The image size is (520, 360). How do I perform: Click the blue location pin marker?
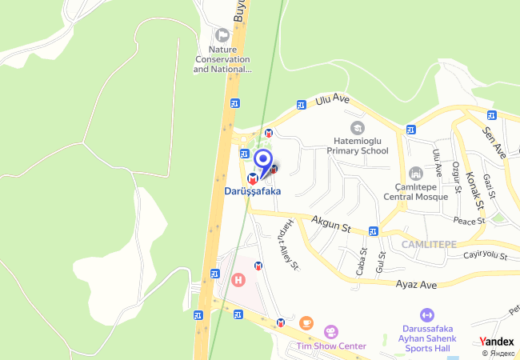pos(263,159)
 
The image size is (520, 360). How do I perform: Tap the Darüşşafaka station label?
pos(253,192)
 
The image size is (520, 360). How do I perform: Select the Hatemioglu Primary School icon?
pos(356,128)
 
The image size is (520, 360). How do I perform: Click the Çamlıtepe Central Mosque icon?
pos(414,174)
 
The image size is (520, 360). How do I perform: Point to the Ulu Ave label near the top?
pos(333,100)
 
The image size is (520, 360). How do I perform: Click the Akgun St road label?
pos(331,222)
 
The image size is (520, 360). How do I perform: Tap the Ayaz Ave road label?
pos(416,285)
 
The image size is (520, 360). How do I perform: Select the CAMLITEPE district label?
pos(429,243)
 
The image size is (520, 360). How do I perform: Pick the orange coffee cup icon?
pos(306,322)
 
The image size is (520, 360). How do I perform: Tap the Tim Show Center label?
pos(330,346)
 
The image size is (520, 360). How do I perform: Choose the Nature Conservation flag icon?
pos(222,34)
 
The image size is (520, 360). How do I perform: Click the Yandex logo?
pos(497,342)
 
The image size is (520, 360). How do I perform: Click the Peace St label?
pos(470,220)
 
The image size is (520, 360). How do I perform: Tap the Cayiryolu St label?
pos(486,256)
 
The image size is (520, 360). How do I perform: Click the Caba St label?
pos(362,261)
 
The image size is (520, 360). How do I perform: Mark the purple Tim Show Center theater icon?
pos(330,331)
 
